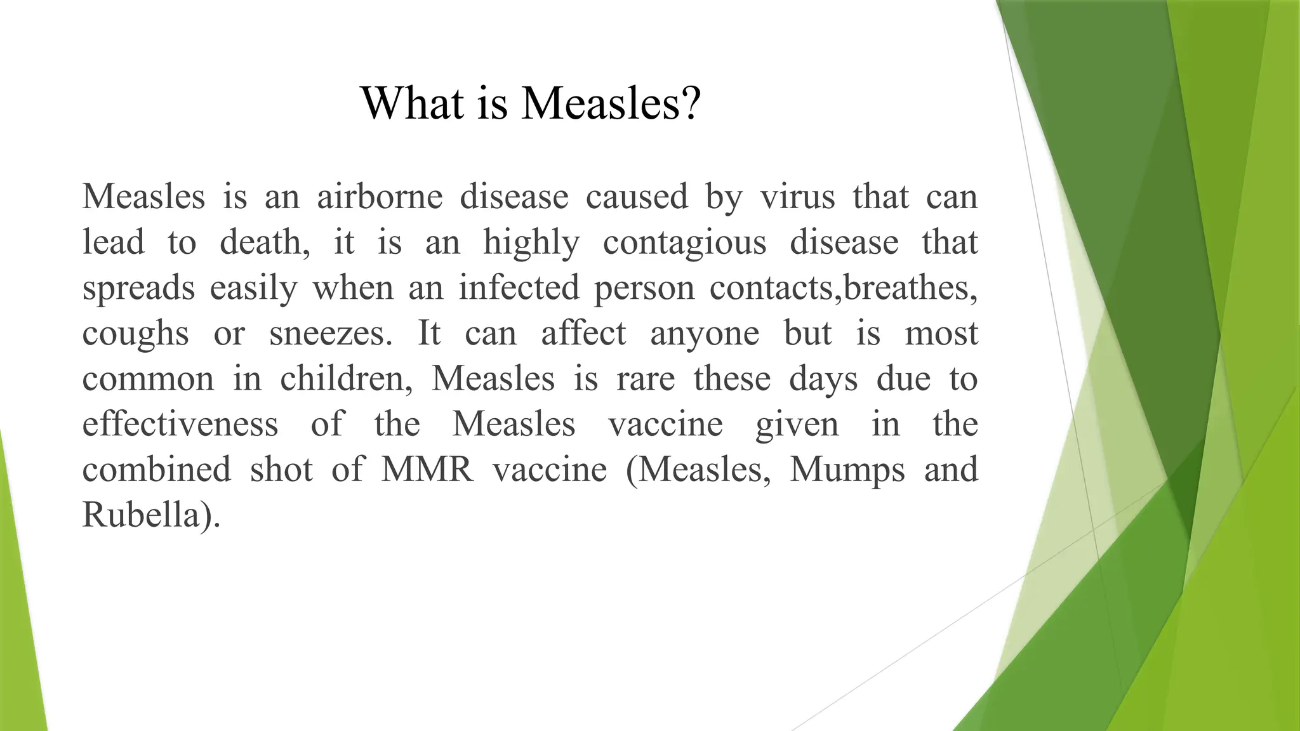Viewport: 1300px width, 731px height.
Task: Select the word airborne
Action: (380, 196)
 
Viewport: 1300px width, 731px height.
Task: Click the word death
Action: (264, 242)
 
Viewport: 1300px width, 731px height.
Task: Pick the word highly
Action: (531, 243)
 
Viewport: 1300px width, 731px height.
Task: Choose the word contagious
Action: (684, 243)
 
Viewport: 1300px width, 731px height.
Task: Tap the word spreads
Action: (138, 289)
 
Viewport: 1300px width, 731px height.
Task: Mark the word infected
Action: (519, 287)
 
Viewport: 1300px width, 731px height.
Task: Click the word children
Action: (346, 379)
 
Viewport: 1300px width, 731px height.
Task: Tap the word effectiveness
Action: (180, 424)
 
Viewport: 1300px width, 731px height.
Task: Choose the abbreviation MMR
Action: (427, 470)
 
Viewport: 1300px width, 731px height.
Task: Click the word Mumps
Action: (847, 471)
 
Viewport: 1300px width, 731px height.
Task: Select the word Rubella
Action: (145, 515)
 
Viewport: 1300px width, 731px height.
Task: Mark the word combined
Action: (157, 470)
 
